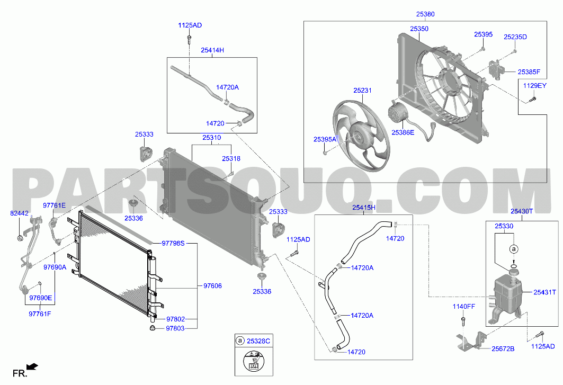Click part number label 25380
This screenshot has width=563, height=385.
[x=425, y=14]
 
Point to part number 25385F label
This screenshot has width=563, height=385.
[x=529, y=72]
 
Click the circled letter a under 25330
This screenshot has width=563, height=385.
[x=513, y=248]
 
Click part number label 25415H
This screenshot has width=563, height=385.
[x=363, y=207]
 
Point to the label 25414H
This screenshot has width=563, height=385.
[x=212, y=50]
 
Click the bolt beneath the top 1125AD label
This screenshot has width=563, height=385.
[x=189, y=39]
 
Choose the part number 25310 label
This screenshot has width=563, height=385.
[x=211, y=138]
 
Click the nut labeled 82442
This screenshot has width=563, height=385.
[x=21, y=238]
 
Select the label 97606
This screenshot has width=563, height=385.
[x=212, y=286]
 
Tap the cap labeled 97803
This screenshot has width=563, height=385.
[x=153, y=328]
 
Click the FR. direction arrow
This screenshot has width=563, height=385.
[x=33, y=366]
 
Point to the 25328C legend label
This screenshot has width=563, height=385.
[x=258, y=341]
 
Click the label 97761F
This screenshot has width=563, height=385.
[x=40, y=314]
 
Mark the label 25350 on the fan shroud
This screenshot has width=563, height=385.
[x=419, y=29]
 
